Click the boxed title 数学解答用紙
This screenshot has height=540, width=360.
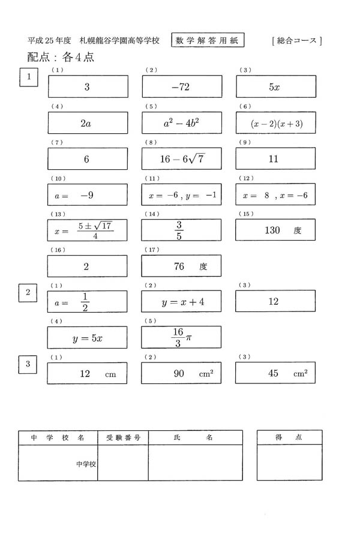pos(208,40)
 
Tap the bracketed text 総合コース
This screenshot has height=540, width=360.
pos(297,41)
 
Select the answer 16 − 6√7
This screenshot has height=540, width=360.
pos(181,159)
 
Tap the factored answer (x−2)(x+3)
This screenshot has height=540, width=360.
pos(275,124)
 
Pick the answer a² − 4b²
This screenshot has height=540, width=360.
pos(181,124)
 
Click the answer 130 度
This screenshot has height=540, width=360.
pos(275,230)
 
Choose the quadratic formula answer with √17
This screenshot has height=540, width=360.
pos(88,230)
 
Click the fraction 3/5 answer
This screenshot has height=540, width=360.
pos(181,230)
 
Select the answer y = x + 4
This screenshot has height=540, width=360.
pos(181,302)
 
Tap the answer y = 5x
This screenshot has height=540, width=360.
pos(88,338)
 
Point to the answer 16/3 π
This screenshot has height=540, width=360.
pos(181,337)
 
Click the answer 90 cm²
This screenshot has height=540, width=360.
pos(181,373)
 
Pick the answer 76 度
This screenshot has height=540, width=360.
pos(181,266)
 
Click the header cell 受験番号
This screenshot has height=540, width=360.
pos(123,438)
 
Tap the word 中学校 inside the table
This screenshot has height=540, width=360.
pos(86,464)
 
